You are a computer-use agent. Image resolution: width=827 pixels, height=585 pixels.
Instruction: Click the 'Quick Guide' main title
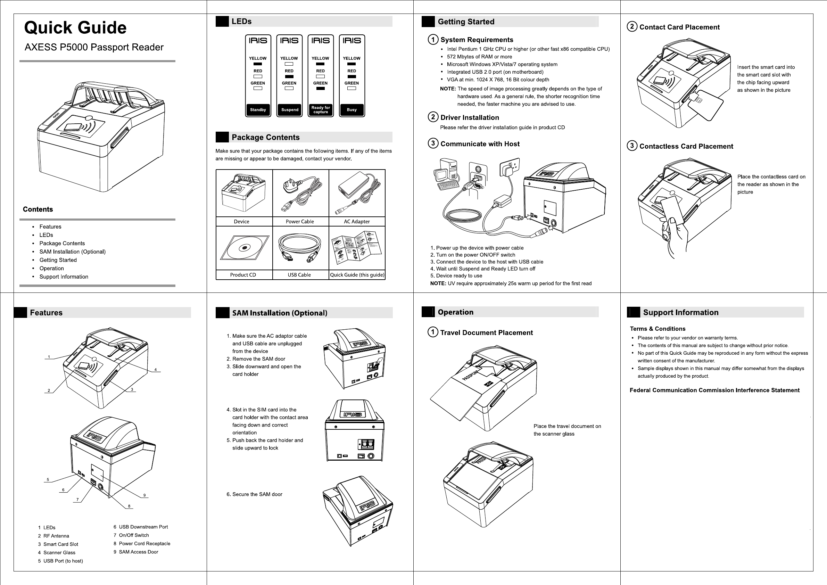(x=75, y=28)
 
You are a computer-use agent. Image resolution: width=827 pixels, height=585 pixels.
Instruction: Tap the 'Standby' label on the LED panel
(x=258, y=110)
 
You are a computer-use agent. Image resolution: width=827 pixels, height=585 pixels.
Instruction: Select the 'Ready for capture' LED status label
(x=321, y=110)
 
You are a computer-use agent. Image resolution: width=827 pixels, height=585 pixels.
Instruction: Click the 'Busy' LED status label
(x=352, y=110)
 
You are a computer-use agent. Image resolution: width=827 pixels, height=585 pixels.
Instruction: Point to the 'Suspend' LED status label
(x=290, y=110)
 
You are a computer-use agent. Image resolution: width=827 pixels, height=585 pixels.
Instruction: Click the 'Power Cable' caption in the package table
(x=300, y=222)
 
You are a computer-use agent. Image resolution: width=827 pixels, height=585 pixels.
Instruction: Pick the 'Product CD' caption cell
(x=243, y=275)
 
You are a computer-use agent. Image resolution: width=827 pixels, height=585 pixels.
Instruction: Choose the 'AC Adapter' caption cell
(x=357, y=222)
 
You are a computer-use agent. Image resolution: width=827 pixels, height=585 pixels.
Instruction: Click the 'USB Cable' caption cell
(x=299, y=275)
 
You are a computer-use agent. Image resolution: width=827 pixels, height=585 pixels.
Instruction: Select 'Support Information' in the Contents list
(x=64, y=277)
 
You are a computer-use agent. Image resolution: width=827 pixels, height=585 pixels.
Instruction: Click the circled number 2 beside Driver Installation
(x=433, y=117)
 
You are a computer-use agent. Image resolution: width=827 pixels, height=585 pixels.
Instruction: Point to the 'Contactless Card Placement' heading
(x=686, y=146)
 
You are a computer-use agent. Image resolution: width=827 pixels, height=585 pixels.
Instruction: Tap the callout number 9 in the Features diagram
(x=144, y=495)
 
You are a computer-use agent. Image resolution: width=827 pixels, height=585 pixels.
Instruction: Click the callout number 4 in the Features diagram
(x=156, y=370)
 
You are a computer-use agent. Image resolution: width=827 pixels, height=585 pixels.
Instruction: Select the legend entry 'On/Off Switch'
(x=134, y=535)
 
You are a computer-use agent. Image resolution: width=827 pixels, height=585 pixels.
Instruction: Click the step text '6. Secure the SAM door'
(x=254, y=494)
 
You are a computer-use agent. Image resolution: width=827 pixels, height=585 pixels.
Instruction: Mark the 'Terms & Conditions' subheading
(x=658, y=329)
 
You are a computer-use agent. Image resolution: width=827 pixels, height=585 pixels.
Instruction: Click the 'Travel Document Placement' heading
(x=486, y=332)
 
